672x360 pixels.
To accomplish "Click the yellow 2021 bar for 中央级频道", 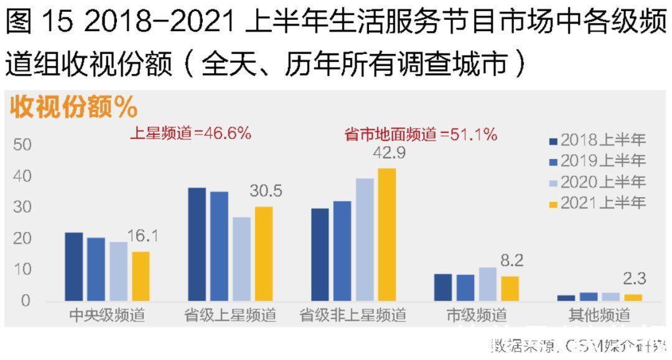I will click(141, 277).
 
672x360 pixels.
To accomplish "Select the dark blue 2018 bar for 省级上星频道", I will click(197, 244).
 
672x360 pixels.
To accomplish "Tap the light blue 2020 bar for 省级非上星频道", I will click(365, 240).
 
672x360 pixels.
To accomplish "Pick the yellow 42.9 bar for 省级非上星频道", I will click(386, 235).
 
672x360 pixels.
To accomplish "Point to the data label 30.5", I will click(266, 192).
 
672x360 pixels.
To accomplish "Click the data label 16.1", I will click(143, 236).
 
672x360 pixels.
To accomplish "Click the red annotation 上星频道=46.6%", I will click(190, 133).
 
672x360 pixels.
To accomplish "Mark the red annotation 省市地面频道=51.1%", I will click(421, 134).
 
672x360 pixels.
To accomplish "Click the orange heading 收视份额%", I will click(73, 107).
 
